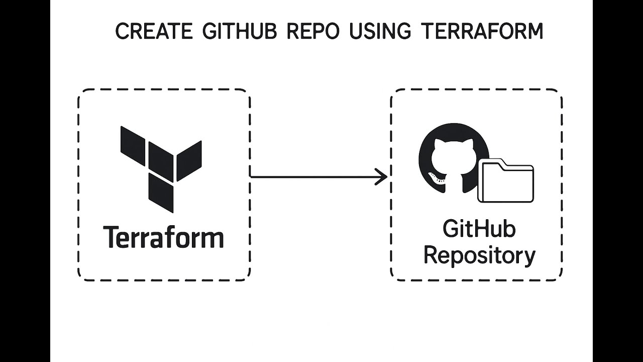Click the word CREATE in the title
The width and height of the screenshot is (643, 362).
pyautogui.click(x=154, y=32)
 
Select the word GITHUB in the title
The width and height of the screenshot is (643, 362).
pyautogui.click(x=241, y=32)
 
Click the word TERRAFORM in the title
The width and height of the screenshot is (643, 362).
pyautogui.click(x=482, y=32)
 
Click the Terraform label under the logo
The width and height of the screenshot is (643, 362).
pyautogui.click(x=163, y=237)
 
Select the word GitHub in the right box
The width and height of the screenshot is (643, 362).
pyautogui.click(x=479, y=229)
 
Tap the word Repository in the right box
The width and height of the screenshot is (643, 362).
pyautogui.click(x=479, y=255)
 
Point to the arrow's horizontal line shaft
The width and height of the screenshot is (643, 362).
pyautogui.click(x=311, y=176)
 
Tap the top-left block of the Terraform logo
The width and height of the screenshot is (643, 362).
pyautogui.click(x=134, y=141)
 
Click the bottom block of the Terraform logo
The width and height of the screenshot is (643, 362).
pyautogui.click(x=161, y=194)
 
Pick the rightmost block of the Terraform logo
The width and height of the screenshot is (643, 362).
pyautogui.click(x=189, y=160)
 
